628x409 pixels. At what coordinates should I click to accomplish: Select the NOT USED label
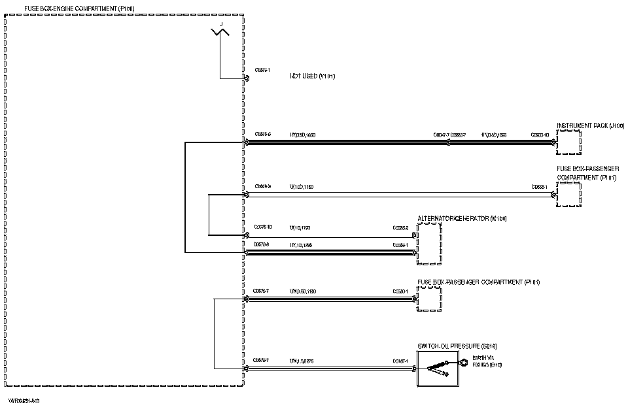click(x=313, y=76)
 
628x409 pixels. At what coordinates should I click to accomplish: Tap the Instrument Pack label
click(x=590, y=125)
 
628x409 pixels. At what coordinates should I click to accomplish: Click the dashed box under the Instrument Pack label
click(x=568, y=142)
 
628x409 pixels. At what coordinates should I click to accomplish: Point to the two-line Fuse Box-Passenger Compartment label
click(x=587, y=173)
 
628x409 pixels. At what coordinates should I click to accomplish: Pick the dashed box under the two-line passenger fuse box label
click(x=568, y=195)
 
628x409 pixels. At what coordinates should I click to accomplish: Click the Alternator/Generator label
click(x=462, y=219)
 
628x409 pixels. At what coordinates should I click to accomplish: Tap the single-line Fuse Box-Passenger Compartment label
click(x=478, y=282)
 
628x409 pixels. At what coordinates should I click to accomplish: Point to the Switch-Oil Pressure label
click(x=453, y=346)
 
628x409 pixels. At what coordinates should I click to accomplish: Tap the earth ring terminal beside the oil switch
click(x=462, y=362)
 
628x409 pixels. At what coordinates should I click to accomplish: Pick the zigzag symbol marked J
click(x=220, y=31)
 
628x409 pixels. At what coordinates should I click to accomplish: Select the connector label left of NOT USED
click(x=262, y=69)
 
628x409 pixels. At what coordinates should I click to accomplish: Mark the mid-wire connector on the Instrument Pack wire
click(x=448, y=142)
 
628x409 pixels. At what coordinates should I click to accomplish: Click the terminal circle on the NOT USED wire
click(x=247, y=79)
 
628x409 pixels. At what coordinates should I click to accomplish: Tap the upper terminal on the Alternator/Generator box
click(x=415, y=235)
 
